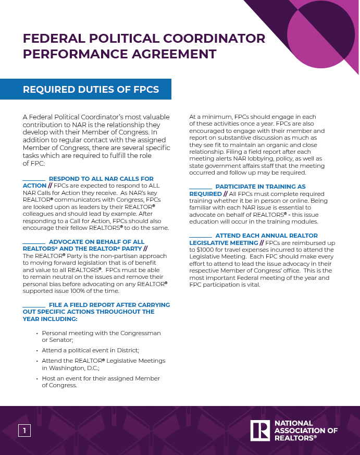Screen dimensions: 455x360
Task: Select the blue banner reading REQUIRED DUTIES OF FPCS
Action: [91, 90]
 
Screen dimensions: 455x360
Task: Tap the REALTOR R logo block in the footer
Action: [259, 431]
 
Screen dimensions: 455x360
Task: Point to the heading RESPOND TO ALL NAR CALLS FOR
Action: [101, 179]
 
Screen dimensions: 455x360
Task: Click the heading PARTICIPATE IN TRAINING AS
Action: [260, 187]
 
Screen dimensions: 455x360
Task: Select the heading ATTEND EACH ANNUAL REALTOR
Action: [266, 236]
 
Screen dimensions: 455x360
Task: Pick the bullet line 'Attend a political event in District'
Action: [90, 350]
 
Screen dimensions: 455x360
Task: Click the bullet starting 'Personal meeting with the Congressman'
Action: [101, 333]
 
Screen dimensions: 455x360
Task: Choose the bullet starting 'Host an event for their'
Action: [101, 378]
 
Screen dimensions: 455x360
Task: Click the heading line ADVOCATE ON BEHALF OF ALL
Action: [96, 242]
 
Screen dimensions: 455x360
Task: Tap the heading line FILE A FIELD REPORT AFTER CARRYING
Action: [109, 305]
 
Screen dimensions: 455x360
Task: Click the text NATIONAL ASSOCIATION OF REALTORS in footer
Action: [306, 431]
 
